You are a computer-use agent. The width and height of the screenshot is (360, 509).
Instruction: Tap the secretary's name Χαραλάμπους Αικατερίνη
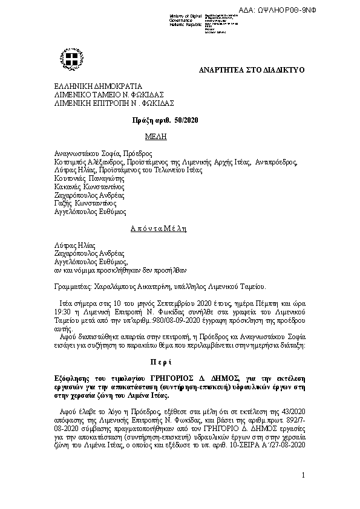136,288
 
